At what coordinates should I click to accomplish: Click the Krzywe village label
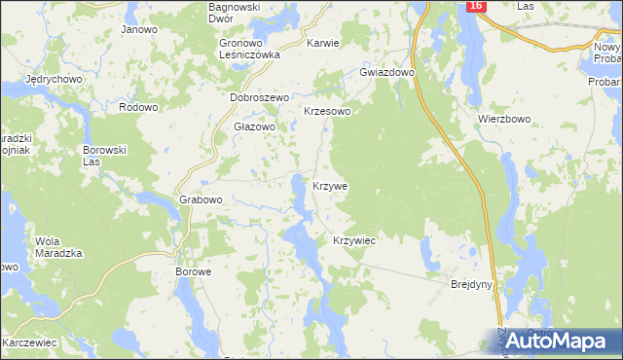330,185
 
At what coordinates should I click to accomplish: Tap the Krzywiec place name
354,239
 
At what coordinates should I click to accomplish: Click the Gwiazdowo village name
387,73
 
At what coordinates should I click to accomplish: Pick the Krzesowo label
327,112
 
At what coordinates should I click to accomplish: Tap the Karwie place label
322,44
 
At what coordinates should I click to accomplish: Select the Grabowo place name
202,199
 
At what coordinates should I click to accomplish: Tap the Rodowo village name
137,107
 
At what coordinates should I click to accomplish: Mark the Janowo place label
139,29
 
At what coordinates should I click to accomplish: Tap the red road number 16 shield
474,7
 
